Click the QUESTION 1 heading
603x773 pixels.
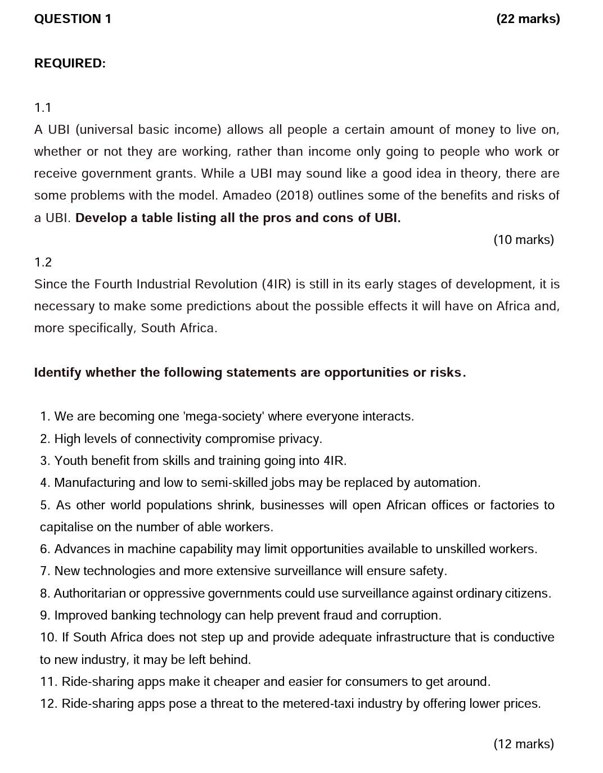click(73, 19)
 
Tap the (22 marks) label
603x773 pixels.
click(528, 19)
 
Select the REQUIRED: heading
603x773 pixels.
click(70, 64)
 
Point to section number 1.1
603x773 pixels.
click(43, 107)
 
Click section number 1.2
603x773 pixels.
click(43, 262)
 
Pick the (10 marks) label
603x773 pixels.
click(523, 240)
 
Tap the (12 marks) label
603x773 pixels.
click(523, 744)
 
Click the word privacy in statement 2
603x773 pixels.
click(300, 439)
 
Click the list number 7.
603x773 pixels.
click(44, 571)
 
